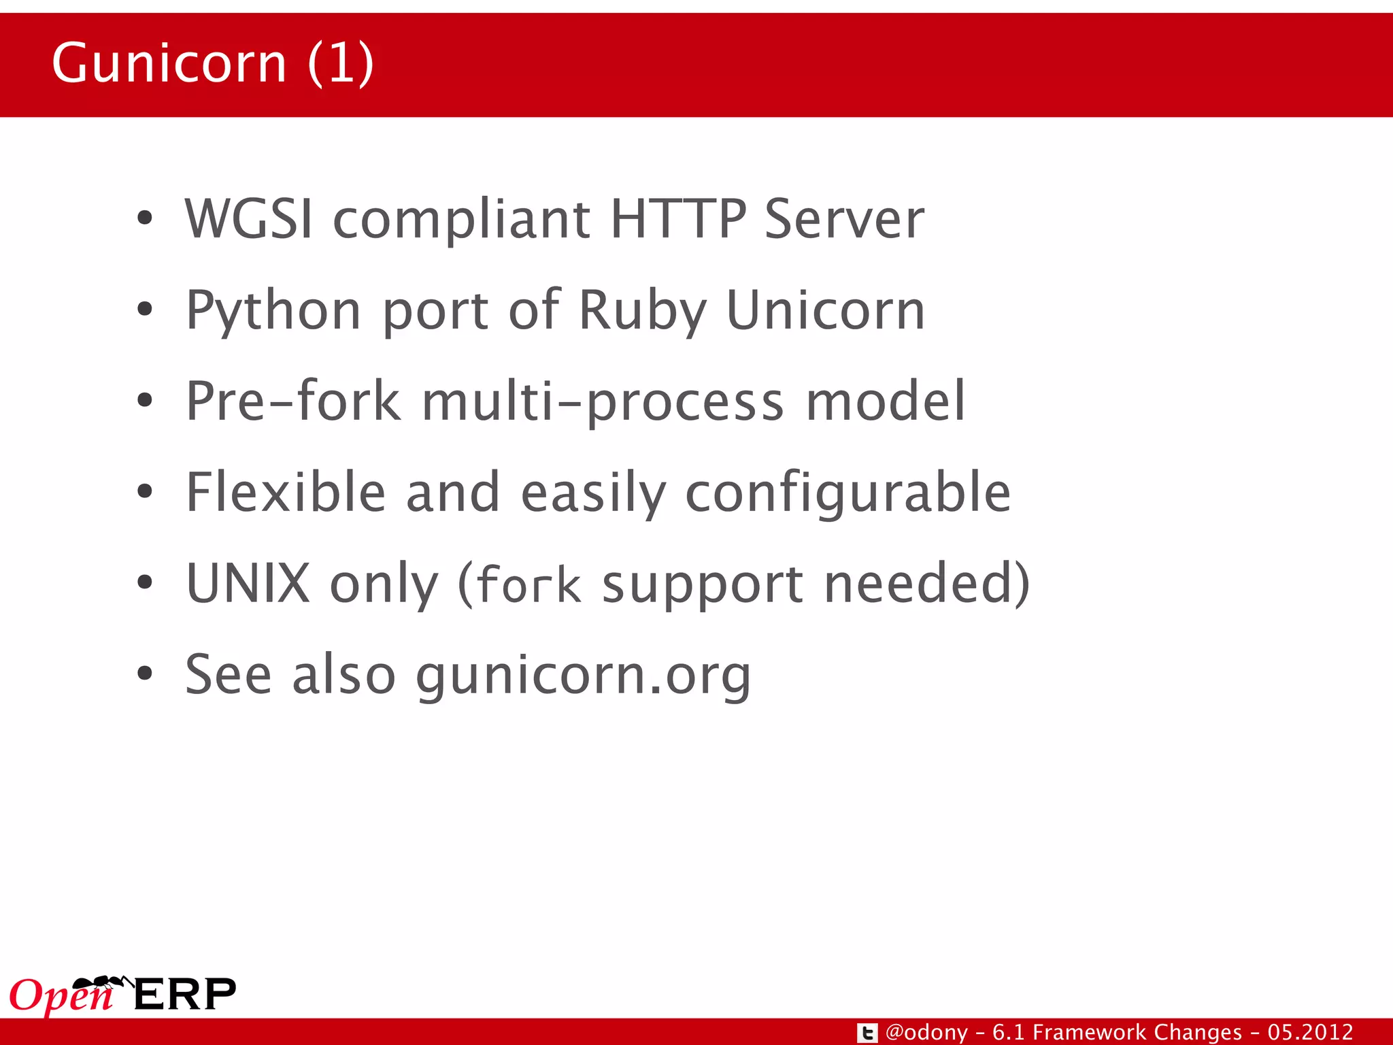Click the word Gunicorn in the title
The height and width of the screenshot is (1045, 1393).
coord(169,63)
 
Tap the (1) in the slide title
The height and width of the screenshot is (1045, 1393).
coord(340,63)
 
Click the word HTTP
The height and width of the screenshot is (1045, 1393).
coord(678,219)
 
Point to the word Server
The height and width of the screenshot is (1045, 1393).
coord(844,219)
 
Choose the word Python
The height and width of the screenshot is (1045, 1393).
coord(273,312)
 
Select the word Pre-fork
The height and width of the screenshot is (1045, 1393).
coord(293,401)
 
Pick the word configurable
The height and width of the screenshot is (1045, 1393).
coord(847,493)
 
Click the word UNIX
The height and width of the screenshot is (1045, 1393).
coord(248,583)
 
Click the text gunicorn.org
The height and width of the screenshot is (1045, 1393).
coord(584,676)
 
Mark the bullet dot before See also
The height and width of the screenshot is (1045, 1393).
coord(144,673)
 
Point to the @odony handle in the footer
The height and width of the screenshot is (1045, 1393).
coord(926,1033)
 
